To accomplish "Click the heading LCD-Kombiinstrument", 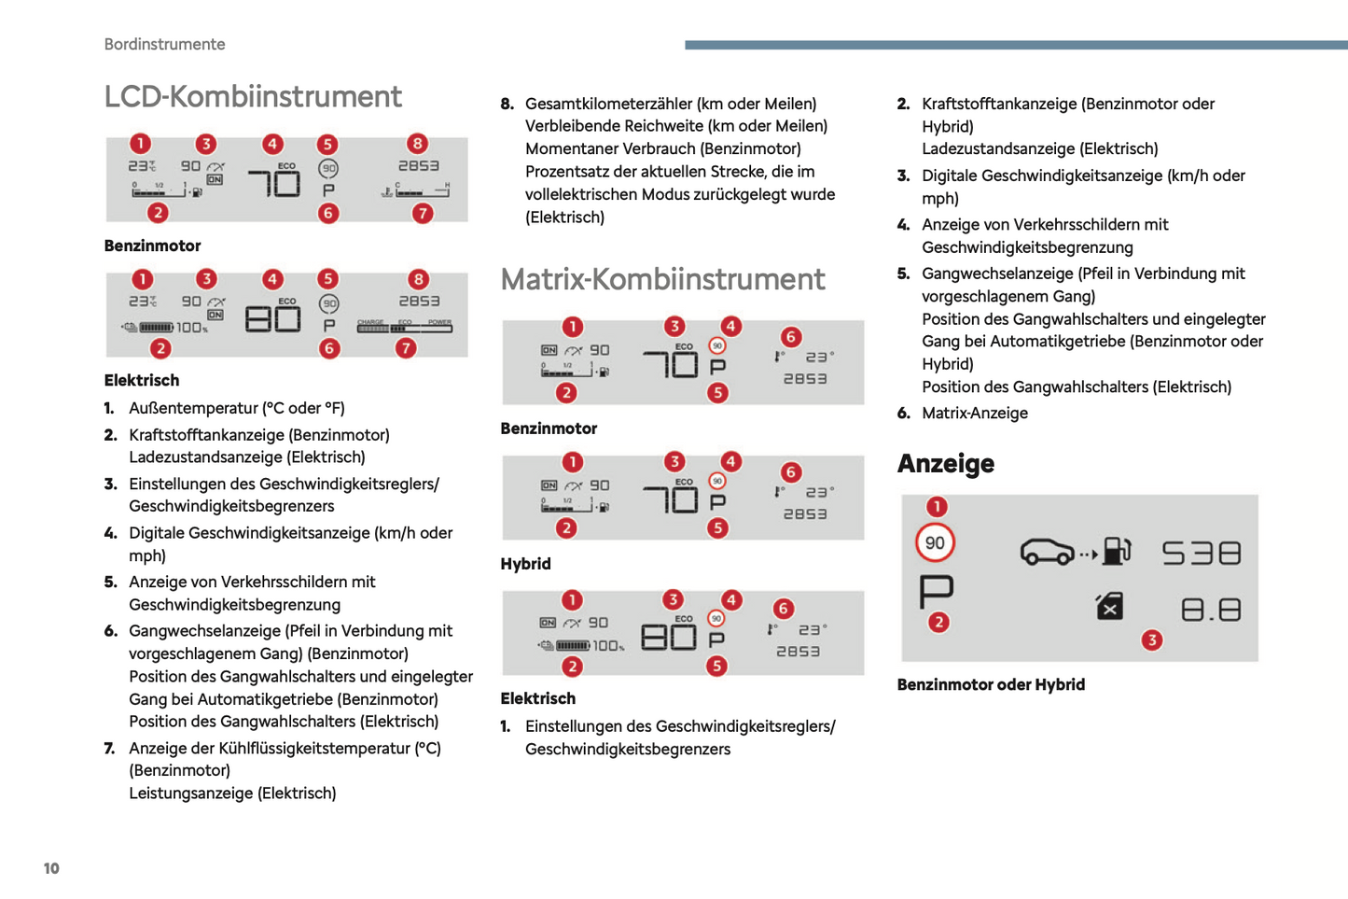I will [253, 97].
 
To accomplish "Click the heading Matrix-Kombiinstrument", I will [662, 279].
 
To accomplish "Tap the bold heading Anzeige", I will [945, 464].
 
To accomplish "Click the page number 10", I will [51, 868].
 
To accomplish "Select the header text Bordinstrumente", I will [164, 45].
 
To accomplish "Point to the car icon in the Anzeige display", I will [1048, 552].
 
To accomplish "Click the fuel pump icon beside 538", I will [1116, 552].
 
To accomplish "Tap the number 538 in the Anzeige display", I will [1202, 554].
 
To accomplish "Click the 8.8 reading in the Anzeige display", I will [1211, 611].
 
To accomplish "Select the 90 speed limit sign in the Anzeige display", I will [935, 543].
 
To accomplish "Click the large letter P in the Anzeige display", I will [936, 590].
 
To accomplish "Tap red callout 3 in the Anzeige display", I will [1152, 639].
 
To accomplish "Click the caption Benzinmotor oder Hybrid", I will [991, 685].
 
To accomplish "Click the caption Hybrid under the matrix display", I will [525, 564].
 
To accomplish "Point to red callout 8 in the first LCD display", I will [417, 144].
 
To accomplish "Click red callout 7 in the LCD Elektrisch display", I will [405, 348].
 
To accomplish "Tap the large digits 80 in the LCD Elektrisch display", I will [272, 319].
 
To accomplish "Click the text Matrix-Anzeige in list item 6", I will [974, 414].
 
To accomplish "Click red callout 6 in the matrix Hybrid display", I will [790, 472].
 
